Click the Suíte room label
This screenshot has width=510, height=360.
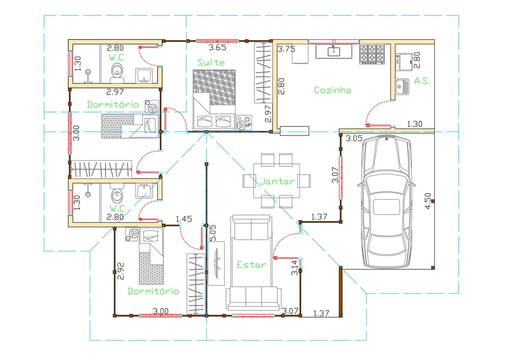tap(211, 62)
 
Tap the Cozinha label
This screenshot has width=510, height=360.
tap(332, 90)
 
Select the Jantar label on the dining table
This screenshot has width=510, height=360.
tap(277, 181)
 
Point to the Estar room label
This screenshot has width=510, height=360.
tap(252, 265)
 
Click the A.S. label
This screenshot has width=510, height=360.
tap(422, 81)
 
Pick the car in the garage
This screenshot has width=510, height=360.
tap(386, 202)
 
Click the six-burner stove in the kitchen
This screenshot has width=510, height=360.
tap(372, 54)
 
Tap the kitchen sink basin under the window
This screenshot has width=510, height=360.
tap(334, 51)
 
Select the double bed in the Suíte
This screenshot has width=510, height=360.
tap(214, 100)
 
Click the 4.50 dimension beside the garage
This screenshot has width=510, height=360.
tap(427, 201)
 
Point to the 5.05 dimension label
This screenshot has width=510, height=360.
tap(212, 233)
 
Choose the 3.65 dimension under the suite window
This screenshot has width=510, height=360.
tap(217, 47)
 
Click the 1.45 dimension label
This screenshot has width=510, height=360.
tap(184, 219)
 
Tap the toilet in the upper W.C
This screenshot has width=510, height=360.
tap(117, 72)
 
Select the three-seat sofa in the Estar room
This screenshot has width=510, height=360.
tap(254, 298)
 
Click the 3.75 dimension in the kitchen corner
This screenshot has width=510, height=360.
tap(286, 49)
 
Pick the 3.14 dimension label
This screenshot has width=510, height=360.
tap(294, 268)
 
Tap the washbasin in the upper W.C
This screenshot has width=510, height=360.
tap(144, 76)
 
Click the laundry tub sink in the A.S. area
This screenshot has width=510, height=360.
tap(402, 87)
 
